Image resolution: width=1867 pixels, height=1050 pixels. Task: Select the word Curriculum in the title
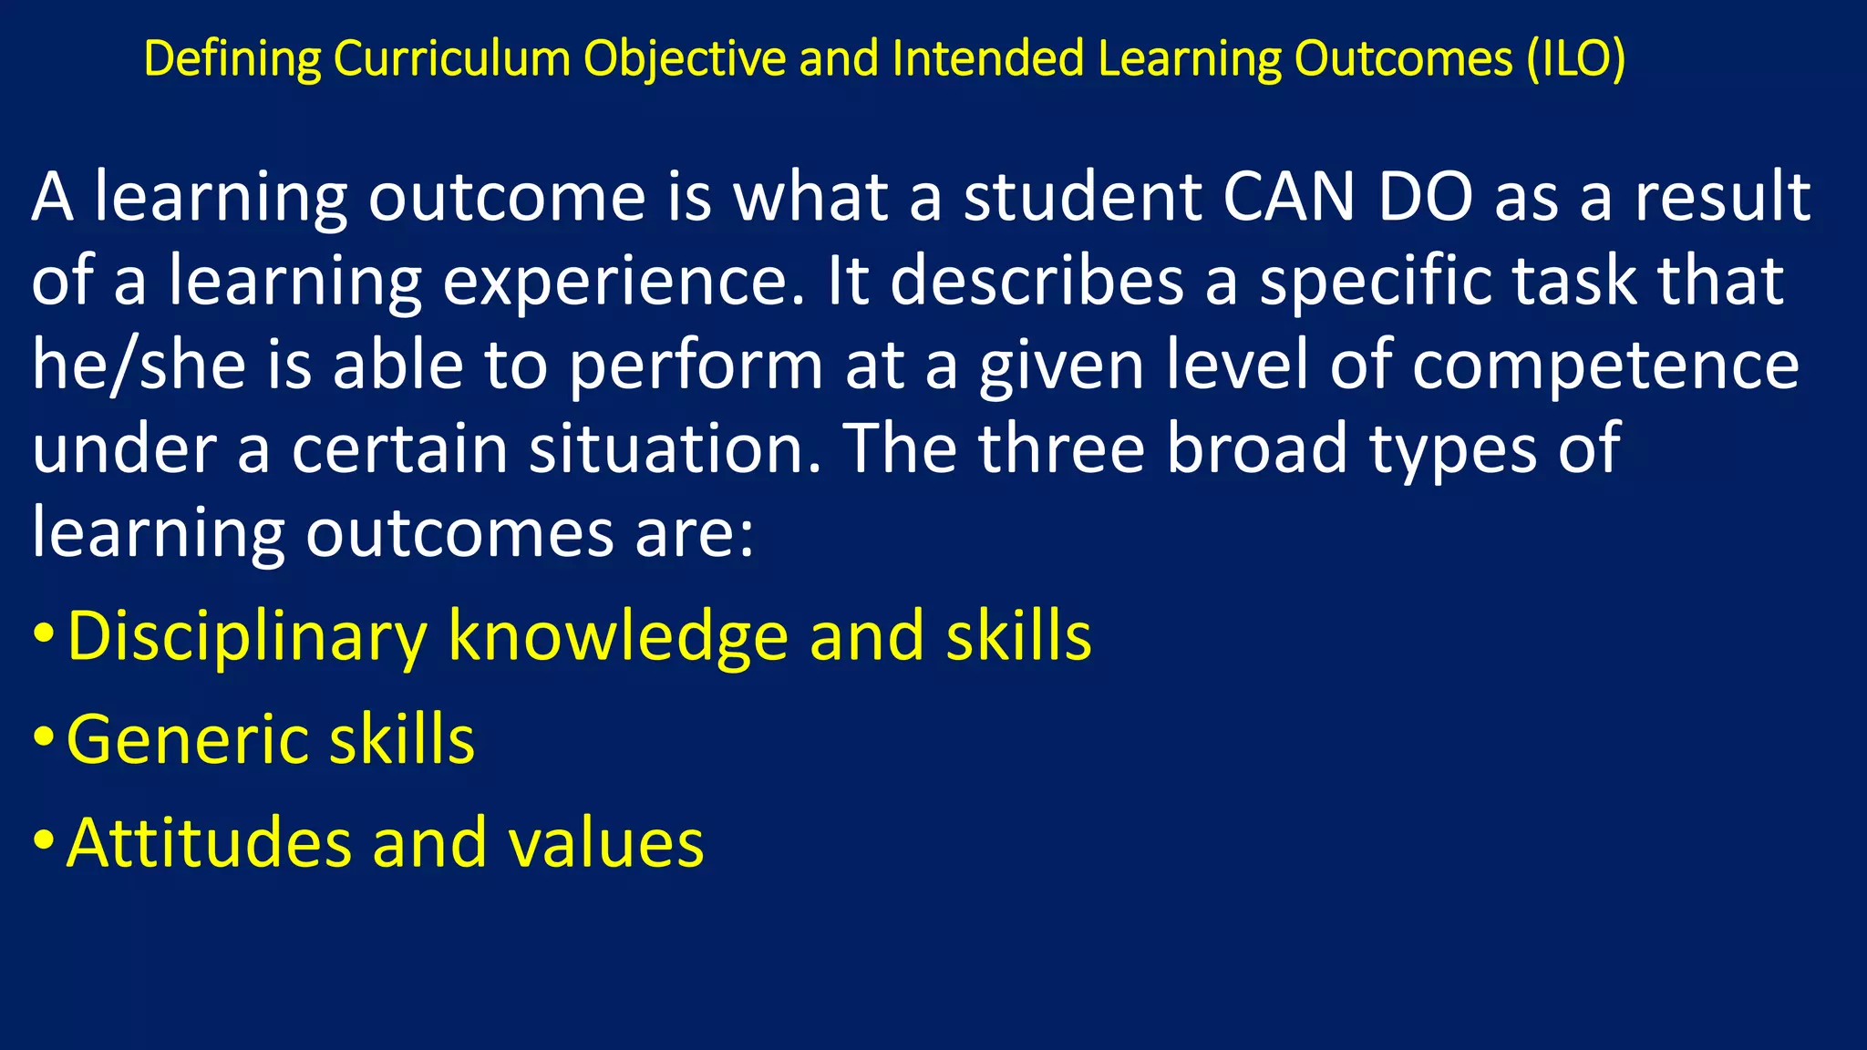click(451, 59)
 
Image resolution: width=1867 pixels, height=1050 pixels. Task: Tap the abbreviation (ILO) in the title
click(1577, 59)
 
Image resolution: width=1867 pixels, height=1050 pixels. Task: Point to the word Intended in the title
click(988, 59)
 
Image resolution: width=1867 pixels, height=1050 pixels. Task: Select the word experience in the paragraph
click(615, 282)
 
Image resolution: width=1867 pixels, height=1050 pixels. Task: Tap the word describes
click(1037, 282)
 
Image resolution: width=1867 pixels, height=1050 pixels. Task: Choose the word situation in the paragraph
click(676, 449)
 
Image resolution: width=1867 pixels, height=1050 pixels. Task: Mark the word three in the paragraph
click(1061, 449)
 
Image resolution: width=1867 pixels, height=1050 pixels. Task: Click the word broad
click(1257, 449)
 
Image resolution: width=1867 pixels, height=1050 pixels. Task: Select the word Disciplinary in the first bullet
click(246, 637)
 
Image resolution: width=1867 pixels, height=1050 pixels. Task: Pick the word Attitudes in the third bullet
click(209, 843)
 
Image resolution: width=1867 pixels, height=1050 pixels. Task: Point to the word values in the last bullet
click(605, 843)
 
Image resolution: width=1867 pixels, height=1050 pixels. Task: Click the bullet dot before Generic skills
click(43, 736)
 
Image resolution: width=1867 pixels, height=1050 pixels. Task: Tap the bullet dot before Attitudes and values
click(43, 840)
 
